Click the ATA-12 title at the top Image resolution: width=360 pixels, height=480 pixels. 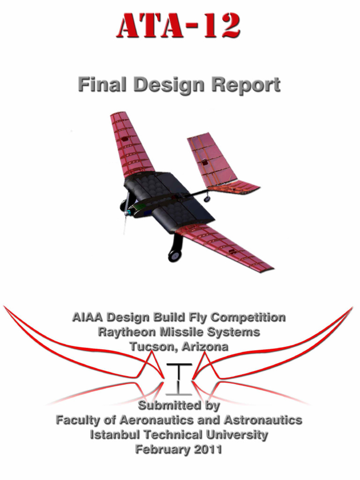179,26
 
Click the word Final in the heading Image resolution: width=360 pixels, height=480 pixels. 103,85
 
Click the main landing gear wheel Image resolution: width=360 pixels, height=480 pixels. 174,255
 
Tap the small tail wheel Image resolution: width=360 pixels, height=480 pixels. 207,199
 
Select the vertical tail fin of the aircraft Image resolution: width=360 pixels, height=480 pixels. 211,159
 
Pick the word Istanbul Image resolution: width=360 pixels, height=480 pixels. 114,435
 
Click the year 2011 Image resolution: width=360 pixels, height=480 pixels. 202,450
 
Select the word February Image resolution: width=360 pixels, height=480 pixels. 157,450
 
